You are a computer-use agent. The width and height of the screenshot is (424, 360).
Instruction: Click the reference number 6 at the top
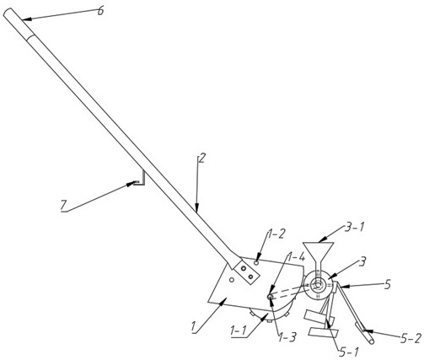click(x=100, y=12)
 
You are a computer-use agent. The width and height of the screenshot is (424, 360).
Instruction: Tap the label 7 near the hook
click(x=63, y=205)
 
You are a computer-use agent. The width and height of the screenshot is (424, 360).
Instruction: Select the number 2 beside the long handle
click(x=201, y=159)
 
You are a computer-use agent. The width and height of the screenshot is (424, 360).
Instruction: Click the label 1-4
click(x=296, y=257)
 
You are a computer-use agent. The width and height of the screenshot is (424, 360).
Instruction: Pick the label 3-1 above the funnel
click(x=354, y=227)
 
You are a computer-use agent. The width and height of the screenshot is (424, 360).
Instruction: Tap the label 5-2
click(x=411, y=338)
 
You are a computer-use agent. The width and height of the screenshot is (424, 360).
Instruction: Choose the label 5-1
click(x=349, y=352)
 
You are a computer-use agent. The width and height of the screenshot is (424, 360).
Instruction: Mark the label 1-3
click(x=287, y=337)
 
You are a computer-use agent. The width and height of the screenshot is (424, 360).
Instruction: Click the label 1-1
click(x=239, y=330)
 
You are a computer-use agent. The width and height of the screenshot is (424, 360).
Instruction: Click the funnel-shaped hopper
click(x=319, y=255)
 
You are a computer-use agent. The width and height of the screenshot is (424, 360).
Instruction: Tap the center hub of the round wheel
click(x=318, y=286)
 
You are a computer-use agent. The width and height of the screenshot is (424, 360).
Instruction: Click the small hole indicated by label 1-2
click(x=256, y=262)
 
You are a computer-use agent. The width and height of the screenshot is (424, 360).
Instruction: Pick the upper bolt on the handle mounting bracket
click(x=244, y=269)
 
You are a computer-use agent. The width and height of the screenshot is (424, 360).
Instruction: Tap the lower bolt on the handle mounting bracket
click(x=250, y=277)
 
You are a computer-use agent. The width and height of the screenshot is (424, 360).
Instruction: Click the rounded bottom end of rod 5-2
click(x=371, y=341)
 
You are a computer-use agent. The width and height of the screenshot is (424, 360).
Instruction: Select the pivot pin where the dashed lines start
click(x=270, y=296)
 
